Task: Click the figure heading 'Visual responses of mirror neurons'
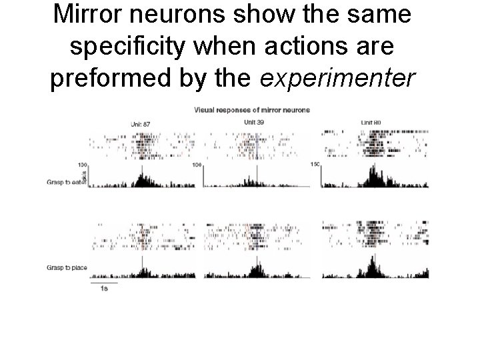pos(251,110)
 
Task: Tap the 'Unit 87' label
pos(141,124)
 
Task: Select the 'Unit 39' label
pos(254,123)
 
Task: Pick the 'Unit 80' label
pos(371,123)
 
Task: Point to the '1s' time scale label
pos(105,289)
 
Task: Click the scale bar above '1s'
pos(105,283)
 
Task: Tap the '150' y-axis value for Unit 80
pos(315,164)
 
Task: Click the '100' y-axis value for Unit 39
pos(197,165)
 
